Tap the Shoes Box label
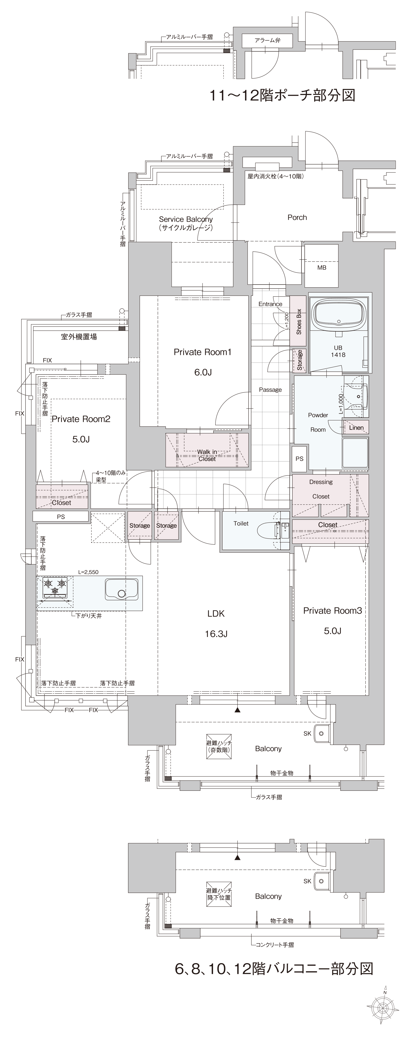coord(298,322)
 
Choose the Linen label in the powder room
coord(356,428)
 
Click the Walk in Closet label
coord(207,455)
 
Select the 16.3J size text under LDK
coord(216,634)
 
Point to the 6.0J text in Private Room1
coord(203,372)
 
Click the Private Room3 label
coord(332,611)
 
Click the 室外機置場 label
coord(79,337)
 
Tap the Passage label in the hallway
coord(270,390)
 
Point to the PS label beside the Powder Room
coord(299,459)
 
